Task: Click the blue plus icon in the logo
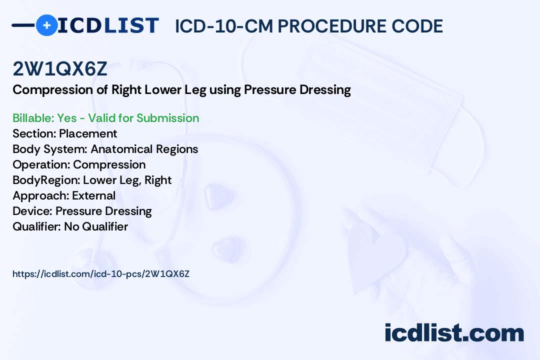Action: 46,25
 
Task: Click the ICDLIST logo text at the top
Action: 108,25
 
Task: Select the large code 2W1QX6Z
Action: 60,68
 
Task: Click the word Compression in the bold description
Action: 52,90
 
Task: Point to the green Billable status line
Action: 105,118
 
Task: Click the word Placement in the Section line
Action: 88,133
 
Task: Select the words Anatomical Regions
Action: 144,149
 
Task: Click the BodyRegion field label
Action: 46,180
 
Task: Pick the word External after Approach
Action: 93,195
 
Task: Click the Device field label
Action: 32,211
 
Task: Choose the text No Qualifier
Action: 96,226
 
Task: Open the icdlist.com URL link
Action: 101,274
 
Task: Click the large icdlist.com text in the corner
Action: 454,332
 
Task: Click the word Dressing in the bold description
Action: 325,90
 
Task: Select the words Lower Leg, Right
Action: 127,180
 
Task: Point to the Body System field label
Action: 50,149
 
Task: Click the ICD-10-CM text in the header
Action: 224,26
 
